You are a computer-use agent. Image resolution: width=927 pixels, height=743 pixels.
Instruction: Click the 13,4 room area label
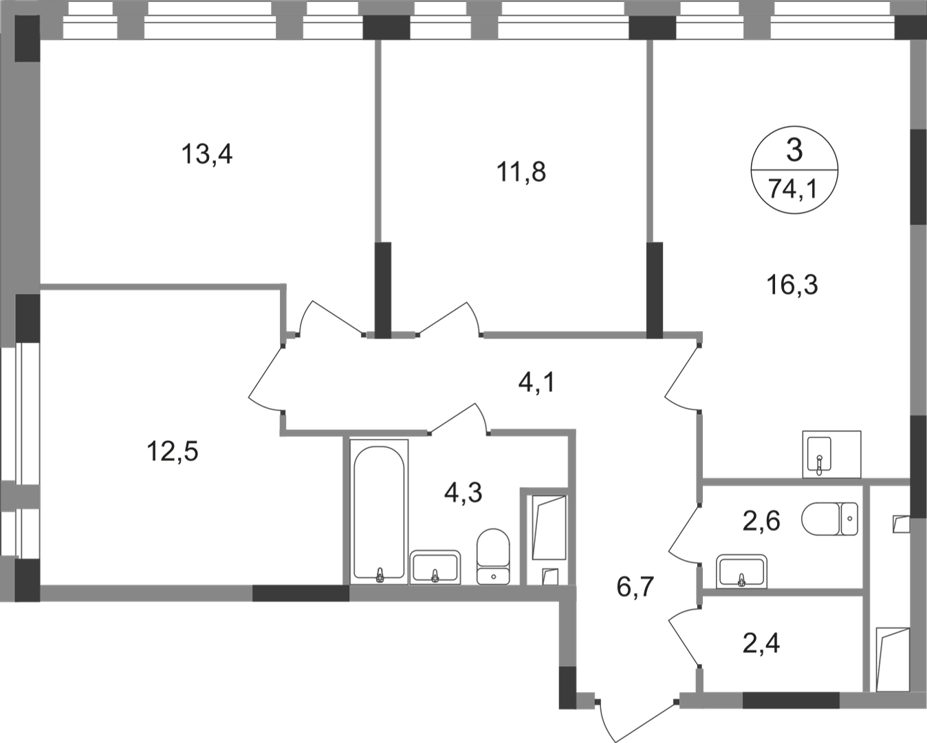(x=207, y=154)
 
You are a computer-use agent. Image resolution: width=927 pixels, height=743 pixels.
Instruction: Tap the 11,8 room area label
(x=521, y=171)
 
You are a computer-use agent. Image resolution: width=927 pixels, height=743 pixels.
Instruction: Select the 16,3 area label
(x=792, y=285)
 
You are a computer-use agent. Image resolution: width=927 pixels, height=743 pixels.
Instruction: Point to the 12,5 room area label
(x=173, y=452)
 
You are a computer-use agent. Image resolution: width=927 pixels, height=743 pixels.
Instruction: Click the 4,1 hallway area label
(x=536, y=383)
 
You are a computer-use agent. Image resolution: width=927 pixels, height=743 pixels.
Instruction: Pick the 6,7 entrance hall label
(x=635, y=587)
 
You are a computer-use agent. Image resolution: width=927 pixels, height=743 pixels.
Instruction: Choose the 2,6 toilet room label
(x=761, y=521)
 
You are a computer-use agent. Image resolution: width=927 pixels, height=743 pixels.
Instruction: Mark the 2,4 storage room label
(x=761, y=644)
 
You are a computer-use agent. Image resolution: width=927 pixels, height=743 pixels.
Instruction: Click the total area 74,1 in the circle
(x=793, y=189)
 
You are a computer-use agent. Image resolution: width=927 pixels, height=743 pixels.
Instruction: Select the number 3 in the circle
(x=795, y=151)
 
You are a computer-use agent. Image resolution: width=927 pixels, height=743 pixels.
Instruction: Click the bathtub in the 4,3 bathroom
(x=379, y=512)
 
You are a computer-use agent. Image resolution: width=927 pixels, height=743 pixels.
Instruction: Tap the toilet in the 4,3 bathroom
(x=493, y=557)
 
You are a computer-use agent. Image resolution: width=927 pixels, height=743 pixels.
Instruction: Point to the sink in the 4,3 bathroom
(x=435, y=567)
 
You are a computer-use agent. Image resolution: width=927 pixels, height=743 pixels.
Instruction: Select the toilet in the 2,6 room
(x=829, y=519)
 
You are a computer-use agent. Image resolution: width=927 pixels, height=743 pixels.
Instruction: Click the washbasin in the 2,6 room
(x=741, y=572)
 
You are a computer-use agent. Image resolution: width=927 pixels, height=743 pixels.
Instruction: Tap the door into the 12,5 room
(x=265, y=379)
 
